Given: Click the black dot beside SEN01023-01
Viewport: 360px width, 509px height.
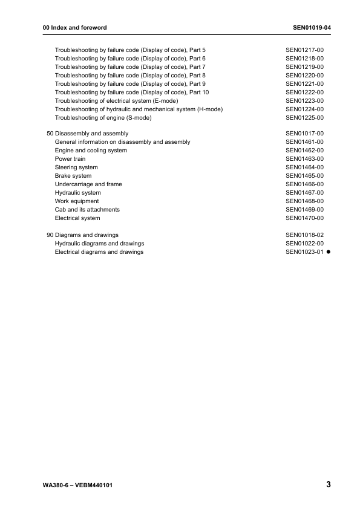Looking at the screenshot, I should click(329, 252).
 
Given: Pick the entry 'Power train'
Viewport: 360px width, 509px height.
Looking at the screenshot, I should click(70, 159).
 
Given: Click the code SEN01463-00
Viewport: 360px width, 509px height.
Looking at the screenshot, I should click(305, 159).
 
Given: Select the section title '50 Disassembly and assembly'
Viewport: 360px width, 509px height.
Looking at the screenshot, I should click(87, 134).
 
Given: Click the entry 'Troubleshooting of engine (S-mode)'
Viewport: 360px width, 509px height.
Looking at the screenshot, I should click(103, 118).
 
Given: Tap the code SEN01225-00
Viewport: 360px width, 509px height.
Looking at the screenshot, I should click(305, 118).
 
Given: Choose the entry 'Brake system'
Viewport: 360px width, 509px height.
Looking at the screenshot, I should click(73, 176).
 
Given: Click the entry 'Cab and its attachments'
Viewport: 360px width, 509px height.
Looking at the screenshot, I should click(87, 210).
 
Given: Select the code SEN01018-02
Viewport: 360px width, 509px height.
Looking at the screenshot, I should click(305, 235).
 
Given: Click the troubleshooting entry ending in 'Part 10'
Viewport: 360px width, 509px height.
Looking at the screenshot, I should click(132, 92).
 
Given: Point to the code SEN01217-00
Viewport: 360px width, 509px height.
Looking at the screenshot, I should click(305, 50).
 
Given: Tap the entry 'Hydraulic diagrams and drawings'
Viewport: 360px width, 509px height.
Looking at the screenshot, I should click(99, 244).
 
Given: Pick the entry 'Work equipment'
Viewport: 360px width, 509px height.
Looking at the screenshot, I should click(77, 201).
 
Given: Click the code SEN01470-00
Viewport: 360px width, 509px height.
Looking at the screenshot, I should click(305, 218).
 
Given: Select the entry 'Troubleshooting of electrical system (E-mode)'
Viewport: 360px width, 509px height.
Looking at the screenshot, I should click(117, 101).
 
